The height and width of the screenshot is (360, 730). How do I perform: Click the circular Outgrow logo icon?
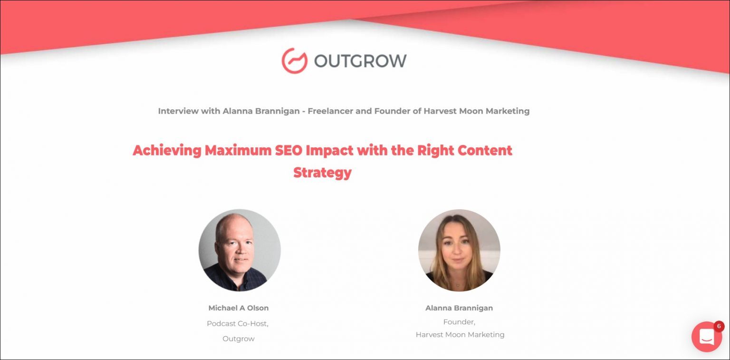pyautogui.click(x=295, y=61)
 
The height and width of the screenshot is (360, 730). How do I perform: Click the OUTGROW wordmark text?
pyautogui.click(x=360, y=61)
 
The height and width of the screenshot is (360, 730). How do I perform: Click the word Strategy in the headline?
pyautogui.click(x=322, y=172)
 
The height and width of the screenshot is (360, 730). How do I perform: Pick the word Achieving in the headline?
pyautogui.click(x=167, y=150)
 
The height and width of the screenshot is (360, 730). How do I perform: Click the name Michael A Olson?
pyautogui.click(x=239, y=308)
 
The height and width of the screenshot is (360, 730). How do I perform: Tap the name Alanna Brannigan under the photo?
pyautogui.click(x=459, y=308)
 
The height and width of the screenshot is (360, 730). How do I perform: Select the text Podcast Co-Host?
pyautogui.click(x=238, y=324)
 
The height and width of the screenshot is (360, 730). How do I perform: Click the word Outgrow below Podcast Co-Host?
pyautogui.click(x=239, y=339)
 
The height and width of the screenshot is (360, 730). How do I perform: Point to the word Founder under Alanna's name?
pyautogui.click(x=459, y=322)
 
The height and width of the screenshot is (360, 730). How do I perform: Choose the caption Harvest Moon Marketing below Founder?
pyautogui.click(x=460, y=335)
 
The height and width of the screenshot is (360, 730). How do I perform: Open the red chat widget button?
pyautogui.click(x=706, y=337)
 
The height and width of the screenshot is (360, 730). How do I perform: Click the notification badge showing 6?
pyautogui.click(x=719, y=326)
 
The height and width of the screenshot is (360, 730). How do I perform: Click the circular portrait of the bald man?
pyautogui.click(x=240, y=250)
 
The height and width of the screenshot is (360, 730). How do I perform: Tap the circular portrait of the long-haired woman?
pyautogui.click(x=459, y=250)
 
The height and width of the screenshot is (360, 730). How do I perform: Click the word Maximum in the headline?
pyautogui.click(x=238, y=150)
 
